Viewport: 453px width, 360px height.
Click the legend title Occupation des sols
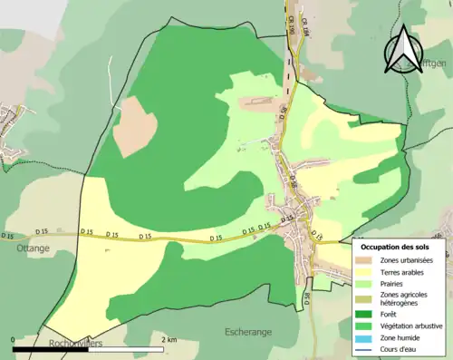pos(397,247)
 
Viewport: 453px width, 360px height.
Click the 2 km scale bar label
pos(169,339)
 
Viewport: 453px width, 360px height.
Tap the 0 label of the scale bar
pos(13,339)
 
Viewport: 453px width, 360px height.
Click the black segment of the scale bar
pos(51,348)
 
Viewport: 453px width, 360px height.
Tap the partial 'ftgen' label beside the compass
pos(432,63)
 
